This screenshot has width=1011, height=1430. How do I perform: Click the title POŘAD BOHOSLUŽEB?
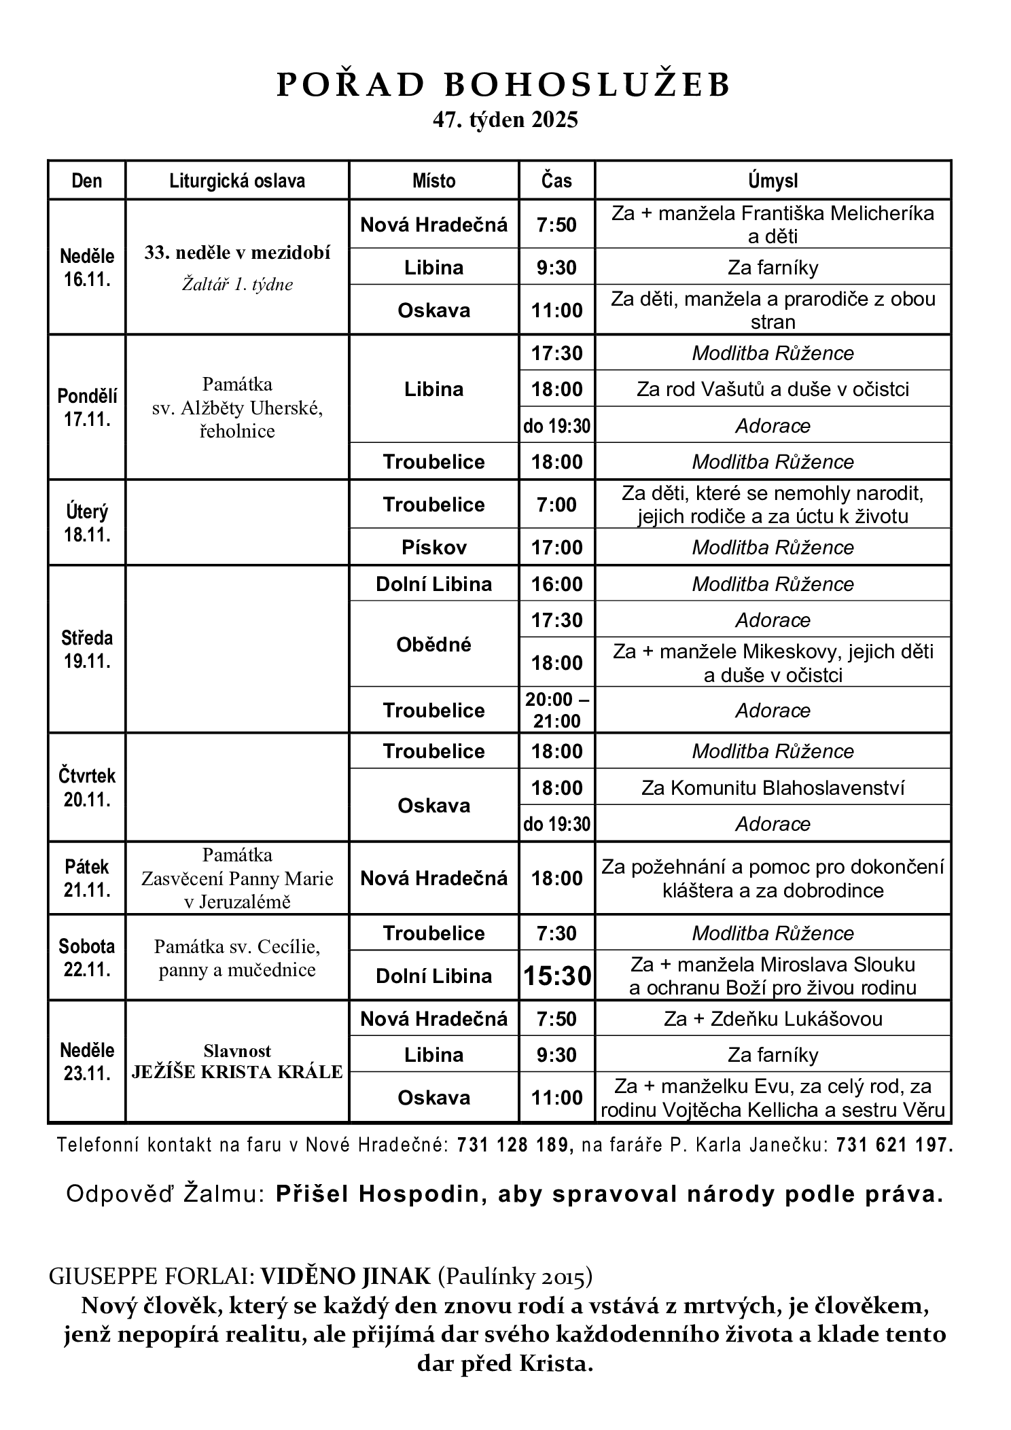pyautogui.click(x=503, y=86)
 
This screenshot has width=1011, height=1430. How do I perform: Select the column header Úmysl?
pyautogui.click(x=773, y=181)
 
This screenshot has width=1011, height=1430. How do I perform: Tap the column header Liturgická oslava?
pyautogui.click(x=237, y=181)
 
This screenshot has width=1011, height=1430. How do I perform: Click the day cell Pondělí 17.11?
pyautogui.click(x=87, y=407)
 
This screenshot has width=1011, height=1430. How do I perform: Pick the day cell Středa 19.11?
pyautogui.click(x=87, y=649)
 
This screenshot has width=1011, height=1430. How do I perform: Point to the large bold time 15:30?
pyautogui.click(x=556, y=976)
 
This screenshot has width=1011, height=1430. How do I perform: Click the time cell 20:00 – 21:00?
pyautogui.click(x=556, y=710)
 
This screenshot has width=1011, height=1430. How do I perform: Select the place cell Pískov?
pyautogui.click(x=433, y=547)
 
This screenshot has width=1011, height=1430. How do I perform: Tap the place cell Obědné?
pyautogui.click(x=433, y=643)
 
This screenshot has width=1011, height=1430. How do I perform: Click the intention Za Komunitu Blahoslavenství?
pyautogui.click(x=773, y=787)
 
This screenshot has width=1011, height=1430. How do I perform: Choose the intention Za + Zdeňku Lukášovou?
pyautogui.click(x=773, y=1018)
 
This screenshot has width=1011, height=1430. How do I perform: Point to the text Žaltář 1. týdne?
pyautogui.click(x=237, y=284)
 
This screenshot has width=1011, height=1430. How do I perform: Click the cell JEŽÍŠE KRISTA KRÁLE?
pyautogui.click(x=237, y=1072)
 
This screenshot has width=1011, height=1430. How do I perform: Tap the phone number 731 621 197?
pyautogui.click(x=894, y=1145)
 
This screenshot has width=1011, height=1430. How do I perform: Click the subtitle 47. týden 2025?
pyautogui.click(x=505, y=120)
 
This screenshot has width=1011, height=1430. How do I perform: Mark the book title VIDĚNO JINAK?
pyautogui.click(x=346, y=1276)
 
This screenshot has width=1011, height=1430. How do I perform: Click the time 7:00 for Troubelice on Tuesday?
pyautogui.click(x=556, y=504)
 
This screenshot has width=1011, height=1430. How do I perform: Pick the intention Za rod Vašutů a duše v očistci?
pyautogui.click(x=773, y=389)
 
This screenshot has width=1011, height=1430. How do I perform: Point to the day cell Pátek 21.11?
pyautogui.click(x=87, y=878)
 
